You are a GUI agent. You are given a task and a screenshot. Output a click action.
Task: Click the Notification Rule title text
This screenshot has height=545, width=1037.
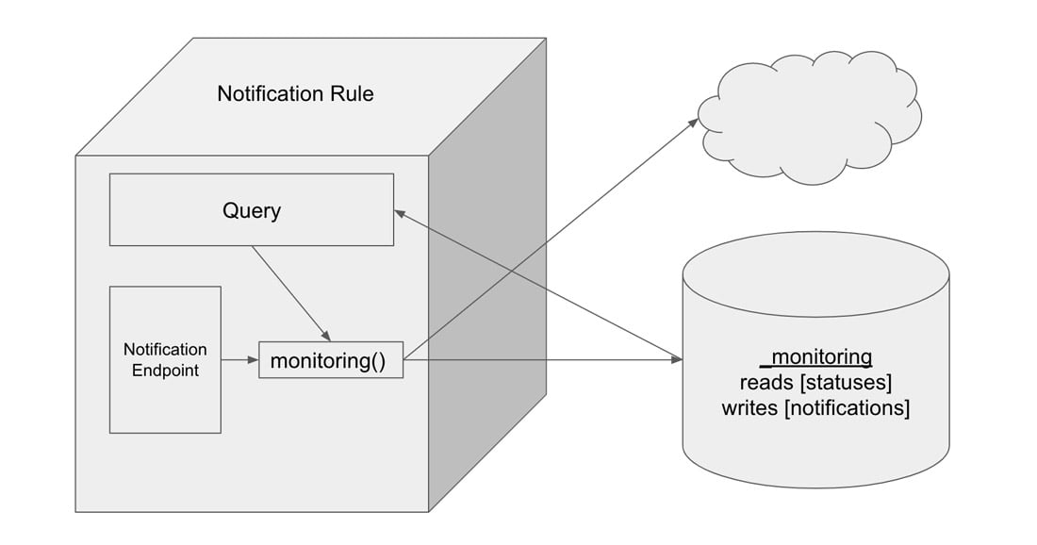click(295, 94)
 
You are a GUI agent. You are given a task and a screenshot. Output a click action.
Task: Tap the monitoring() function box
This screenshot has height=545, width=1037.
click(330, 360)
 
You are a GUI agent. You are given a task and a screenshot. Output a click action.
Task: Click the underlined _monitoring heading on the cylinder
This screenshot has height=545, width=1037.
click(815, 357)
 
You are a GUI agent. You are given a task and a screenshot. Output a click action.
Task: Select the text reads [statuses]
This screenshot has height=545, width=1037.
click(815, 383)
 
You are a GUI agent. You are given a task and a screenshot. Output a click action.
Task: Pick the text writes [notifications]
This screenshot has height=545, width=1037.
click(815, 408)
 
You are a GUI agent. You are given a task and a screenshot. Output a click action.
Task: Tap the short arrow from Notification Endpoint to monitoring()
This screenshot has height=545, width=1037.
click(239, 360)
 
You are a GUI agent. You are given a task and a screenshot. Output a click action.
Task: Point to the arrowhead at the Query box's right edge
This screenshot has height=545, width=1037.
click(400, 214)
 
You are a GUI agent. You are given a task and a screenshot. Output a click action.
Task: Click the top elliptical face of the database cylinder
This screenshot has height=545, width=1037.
click(815, 274)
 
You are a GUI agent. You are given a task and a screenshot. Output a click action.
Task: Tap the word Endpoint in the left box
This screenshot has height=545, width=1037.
click(165, 371)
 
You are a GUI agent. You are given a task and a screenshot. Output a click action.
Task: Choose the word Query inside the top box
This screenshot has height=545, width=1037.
click(251, 210)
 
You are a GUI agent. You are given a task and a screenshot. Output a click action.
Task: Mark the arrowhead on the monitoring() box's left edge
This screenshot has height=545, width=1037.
click(254, 360)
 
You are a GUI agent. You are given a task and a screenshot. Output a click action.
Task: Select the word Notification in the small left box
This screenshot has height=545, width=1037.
click(165, 350)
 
